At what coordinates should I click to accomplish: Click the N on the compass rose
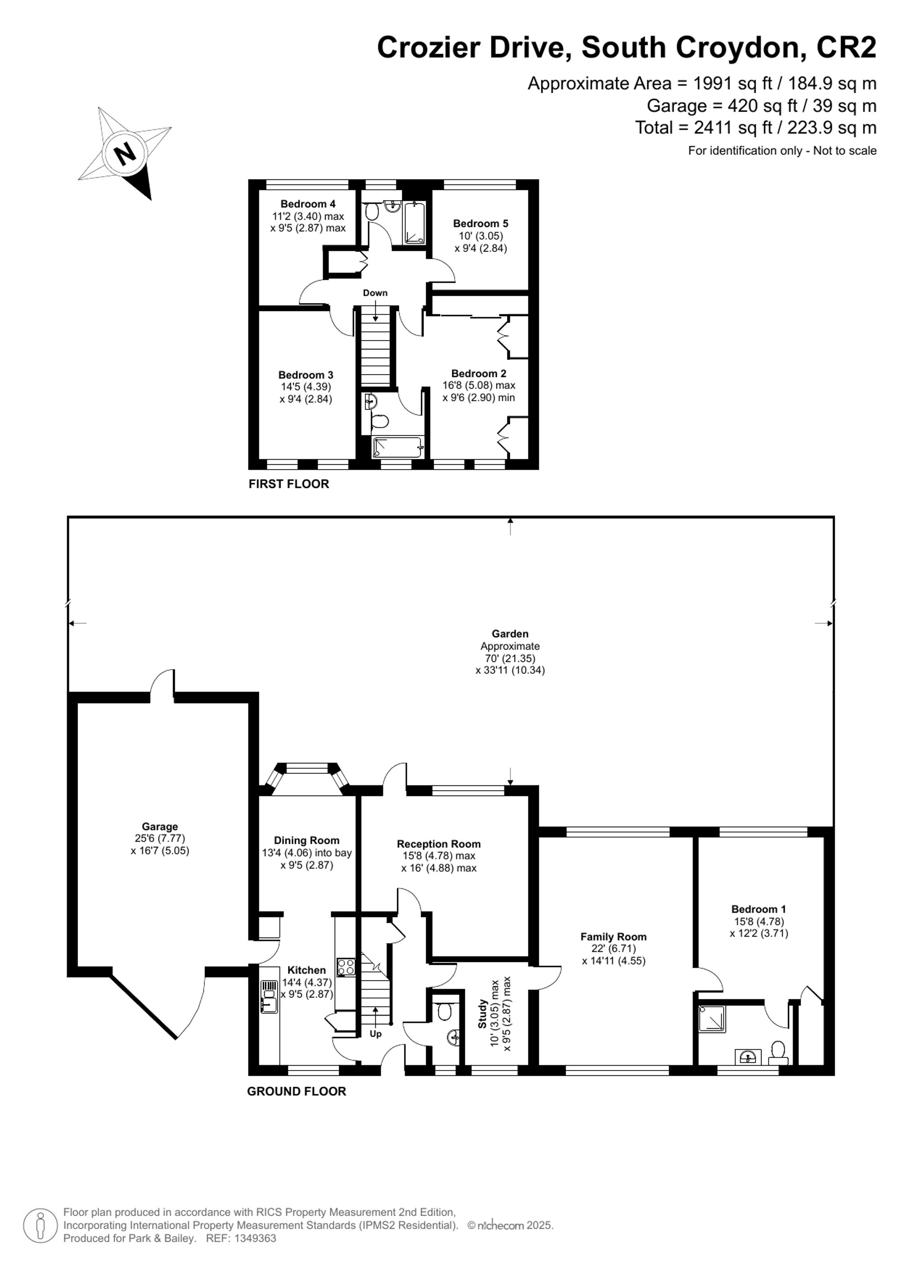(x=125, y=152)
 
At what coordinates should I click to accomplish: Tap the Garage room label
(x=160, y=827)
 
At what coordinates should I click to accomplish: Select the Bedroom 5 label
(x=481, y=223)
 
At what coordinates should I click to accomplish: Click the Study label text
(x=483, y=1014)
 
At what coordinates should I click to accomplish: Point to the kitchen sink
(x=269, y=997)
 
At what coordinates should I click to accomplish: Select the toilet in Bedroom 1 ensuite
(x=778, y=1052)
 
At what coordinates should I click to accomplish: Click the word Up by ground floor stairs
(x=375, y=1034)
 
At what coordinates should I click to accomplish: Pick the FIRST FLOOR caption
(x=289, y=484)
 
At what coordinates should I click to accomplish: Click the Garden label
(x=510, y=634)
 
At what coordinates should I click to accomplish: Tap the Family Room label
(x=613, y=937)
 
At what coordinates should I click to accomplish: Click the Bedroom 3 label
(x=306, y=375)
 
